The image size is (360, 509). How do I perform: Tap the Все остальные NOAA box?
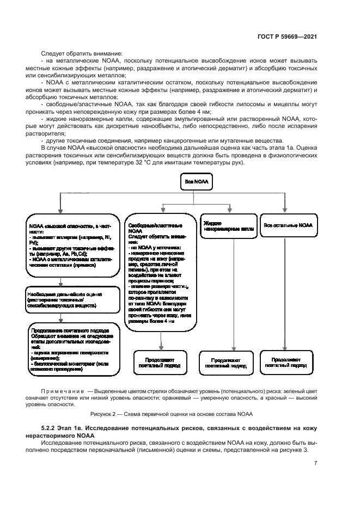[288, 225]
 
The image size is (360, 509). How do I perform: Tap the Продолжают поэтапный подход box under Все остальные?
[287, 363]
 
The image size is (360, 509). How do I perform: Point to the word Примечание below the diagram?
[62, 391]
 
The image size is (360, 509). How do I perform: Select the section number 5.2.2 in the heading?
[51, 429]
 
